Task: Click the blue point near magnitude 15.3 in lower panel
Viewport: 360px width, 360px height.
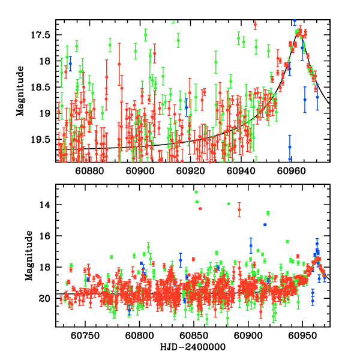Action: (265, 224)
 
